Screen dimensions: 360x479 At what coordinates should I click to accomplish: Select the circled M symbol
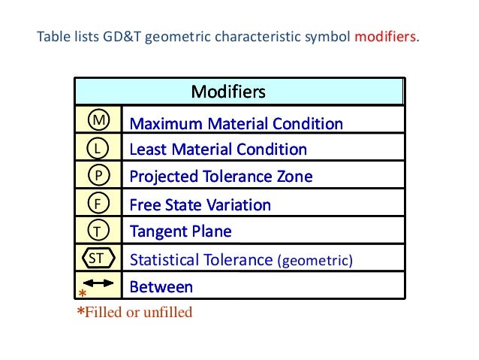click(98, 121)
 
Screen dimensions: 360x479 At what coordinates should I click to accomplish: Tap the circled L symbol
click(98, 149)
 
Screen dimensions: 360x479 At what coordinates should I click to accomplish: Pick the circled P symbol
click(98, 176)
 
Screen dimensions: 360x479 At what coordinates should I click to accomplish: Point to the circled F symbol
click(98, 204)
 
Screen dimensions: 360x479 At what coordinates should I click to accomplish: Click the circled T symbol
click(98, 231)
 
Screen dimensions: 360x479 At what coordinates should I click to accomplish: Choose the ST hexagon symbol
click(98, 259)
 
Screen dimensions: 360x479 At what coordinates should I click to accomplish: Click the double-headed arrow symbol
click(98, 283)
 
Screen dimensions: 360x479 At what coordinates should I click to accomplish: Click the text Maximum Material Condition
click(236, 123)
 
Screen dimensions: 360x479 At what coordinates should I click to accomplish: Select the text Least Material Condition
click(218, 150)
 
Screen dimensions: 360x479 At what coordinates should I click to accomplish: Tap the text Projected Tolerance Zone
click(221, 177)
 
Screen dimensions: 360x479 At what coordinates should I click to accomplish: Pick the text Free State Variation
click(200, 205)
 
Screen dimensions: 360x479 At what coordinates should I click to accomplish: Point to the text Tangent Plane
click(180, 231)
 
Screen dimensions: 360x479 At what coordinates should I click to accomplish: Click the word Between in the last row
click(161, 287)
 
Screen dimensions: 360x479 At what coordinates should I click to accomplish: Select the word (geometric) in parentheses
click(315, 261)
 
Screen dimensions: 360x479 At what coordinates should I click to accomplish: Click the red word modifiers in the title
click(387, 37)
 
